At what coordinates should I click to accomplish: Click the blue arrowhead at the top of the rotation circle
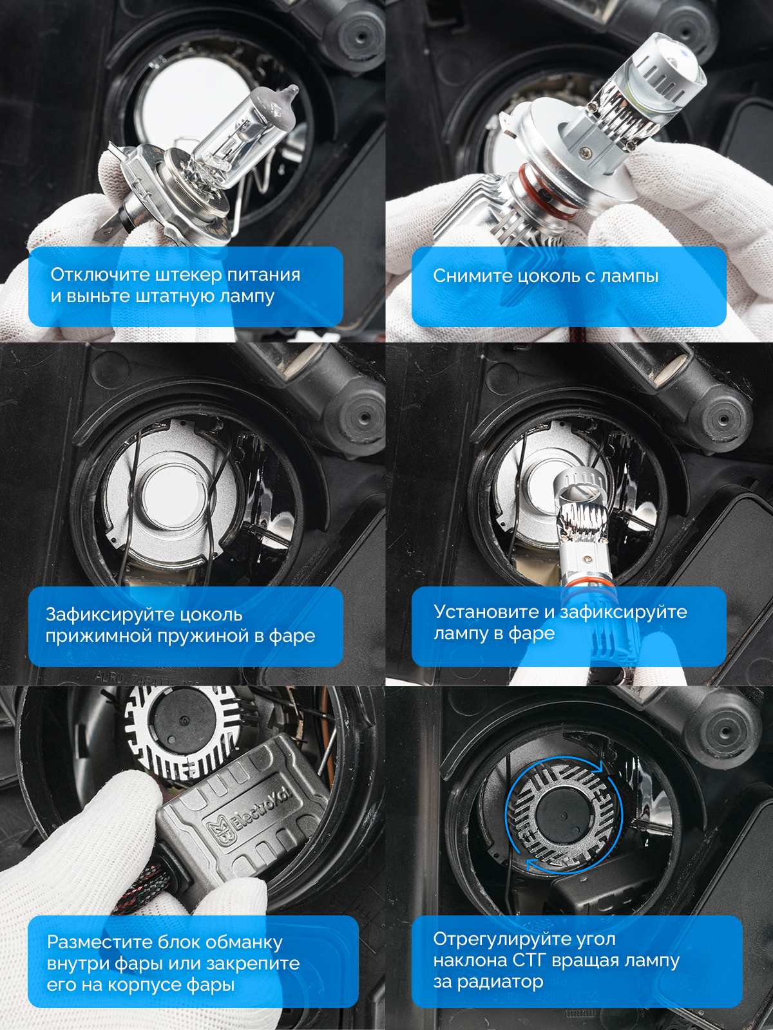[x=596, y=767]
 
